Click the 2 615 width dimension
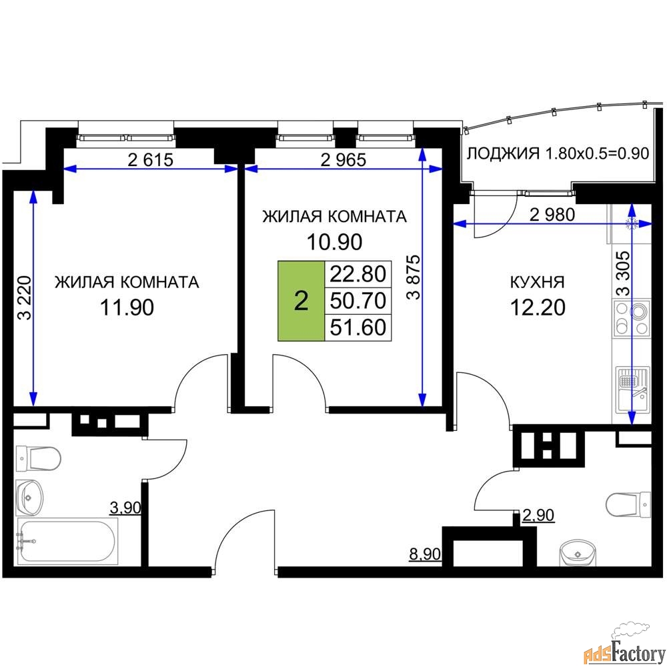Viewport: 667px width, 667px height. click(x=151, y=160)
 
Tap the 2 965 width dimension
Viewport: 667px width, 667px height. click(x=344, y=160)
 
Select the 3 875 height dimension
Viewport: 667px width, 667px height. click(x=413, y=277)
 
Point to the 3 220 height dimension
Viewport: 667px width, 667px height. click(x=25, y=297)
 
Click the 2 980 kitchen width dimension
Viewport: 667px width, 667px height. click(x=552, y=215)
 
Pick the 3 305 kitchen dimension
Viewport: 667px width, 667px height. click(x=623, y=273)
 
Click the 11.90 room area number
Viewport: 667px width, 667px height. click(x=127, y=307)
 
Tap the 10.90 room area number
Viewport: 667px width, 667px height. click(x=335, y=241)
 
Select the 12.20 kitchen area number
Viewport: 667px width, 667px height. click(x=538, y=307)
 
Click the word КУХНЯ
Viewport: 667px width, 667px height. click(x=537, y=282)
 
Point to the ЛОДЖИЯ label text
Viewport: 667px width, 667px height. click(x=503, y=153)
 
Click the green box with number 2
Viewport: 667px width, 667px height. click(x=301, y=301)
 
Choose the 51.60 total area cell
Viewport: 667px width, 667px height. click(x=358, y=327)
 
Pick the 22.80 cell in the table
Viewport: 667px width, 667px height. click(x=358, y=273)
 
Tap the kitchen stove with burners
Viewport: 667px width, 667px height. click(x=631, y=317)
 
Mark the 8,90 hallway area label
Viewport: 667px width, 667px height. click(x=425, y=554)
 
